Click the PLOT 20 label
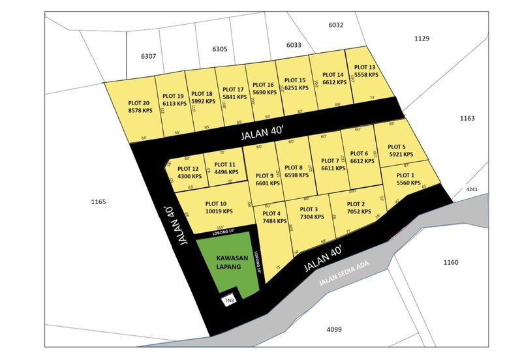(140, 103)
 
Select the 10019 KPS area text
(215, 211)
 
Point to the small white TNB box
(229, 301)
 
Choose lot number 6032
(335, 25)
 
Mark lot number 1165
(99, 202)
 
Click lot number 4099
(334, 329)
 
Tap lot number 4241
(472, 189)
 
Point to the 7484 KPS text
(275, 220)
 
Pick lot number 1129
(422, 38)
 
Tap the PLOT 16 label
(262, 85)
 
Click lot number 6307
(148, 56)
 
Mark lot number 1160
(450, 262)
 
